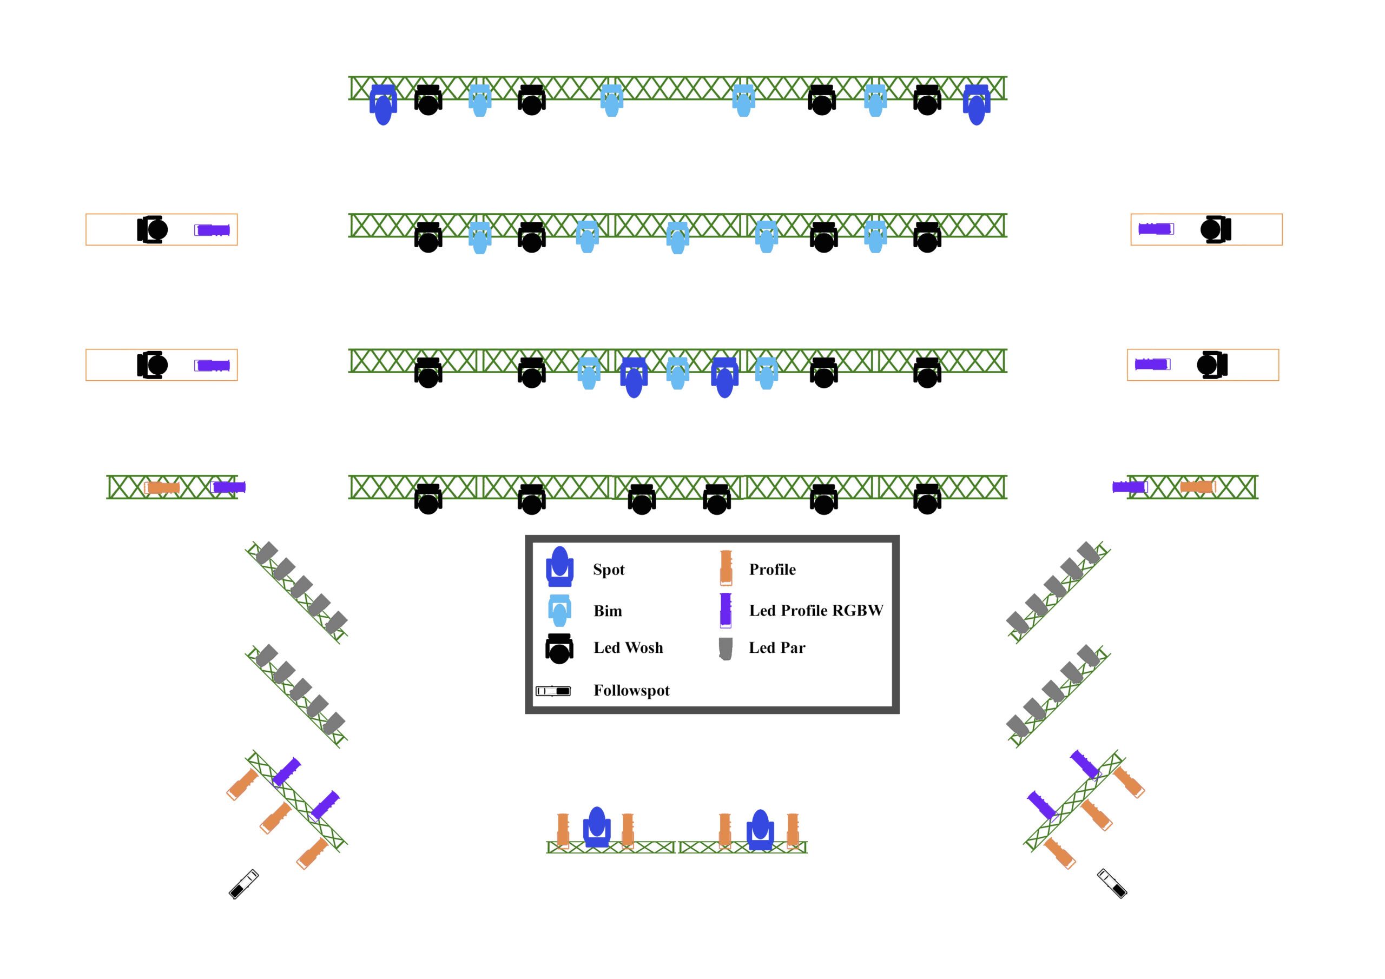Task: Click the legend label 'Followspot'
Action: tap(631, 690)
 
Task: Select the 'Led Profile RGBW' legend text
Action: tap(815, 611)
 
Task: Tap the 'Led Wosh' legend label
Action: tap(628, 647)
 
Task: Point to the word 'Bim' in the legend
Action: tap(608, 611)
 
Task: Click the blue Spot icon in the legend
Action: tap(559, 566)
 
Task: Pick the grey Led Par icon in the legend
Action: tap(726, 649)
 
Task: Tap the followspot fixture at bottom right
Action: tap(1112, 883)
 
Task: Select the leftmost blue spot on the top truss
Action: tap(383, 104)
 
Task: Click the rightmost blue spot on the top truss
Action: tap(976, 104)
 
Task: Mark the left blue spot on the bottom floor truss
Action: tap(597, 827)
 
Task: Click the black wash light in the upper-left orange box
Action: tap(152, 229)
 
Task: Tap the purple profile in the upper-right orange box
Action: tap(1156, 229)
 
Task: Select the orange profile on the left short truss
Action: tap(162, 487)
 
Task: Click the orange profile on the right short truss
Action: tap(1197, 487)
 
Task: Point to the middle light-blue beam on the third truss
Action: tap(677, 373)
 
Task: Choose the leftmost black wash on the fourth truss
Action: tap(428, 499)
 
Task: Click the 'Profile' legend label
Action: tap(772, 570)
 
